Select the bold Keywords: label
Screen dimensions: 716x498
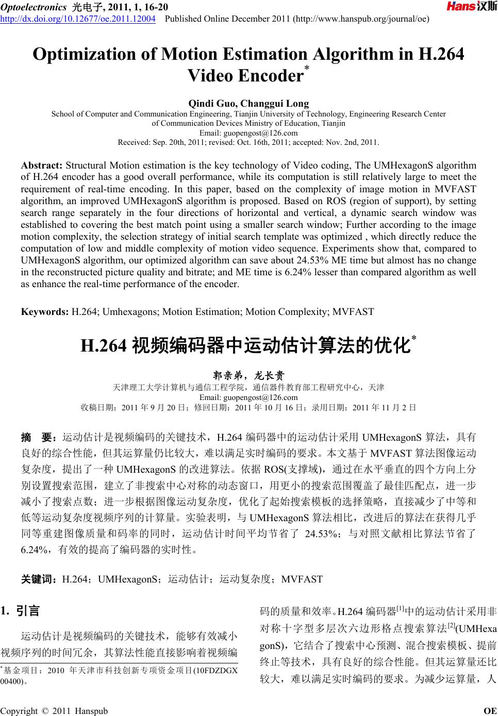(x=44, y=311)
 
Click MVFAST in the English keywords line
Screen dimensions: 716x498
(x=353, y=311)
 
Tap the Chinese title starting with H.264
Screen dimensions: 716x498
(x=248, y=345)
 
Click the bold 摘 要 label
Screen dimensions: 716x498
(x=38, y=438)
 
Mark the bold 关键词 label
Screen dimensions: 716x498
(x=39, y=579)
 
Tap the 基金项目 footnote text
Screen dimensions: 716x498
(x=119, y=671)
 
